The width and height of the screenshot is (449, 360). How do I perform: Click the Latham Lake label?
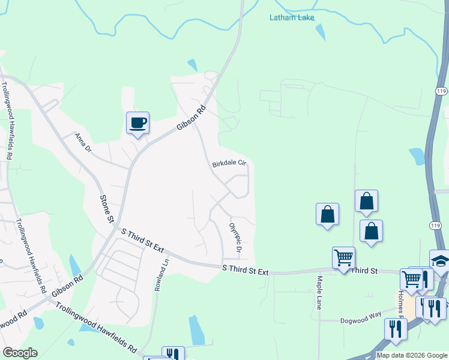(x=291, y=17)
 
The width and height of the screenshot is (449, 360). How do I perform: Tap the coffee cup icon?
(x=137, y=122)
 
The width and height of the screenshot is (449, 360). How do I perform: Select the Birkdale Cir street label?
(x=229, y=163)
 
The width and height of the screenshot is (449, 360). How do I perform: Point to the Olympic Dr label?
(x=235, y=238)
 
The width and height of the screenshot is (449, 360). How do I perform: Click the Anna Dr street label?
(x=82, y=142)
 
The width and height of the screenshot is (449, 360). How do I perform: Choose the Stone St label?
(x=106, y=208)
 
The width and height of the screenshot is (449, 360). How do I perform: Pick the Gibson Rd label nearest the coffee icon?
(x=191, y=118)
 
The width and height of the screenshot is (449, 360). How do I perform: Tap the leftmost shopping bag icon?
(x=327, y=214)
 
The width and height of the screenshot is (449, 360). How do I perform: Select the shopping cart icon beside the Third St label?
(x=343, y=258)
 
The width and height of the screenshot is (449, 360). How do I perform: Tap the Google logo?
(x=19, y=353)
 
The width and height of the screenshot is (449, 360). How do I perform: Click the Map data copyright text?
(x=412, y=355)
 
